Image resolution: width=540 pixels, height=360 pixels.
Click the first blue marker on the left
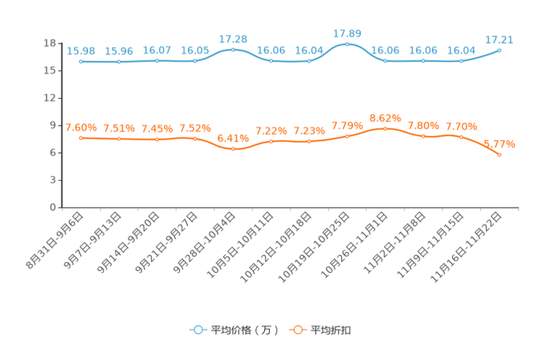pyautogui.click(x=81, y=62)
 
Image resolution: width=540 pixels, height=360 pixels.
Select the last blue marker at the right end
pyautogui.click(x=499, y=50)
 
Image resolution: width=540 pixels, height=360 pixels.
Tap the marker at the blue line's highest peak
pyautogui.click(x=347, y=44)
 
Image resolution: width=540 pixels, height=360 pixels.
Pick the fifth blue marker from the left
pyautogui.click(x=233, y=49)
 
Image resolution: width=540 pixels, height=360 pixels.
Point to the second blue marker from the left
pyautogui.click(x=118, y=62)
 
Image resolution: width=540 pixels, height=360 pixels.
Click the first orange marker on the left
pyautogui.click(x=81, y=138)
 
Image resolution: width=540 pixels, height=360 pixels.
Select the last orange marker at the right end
pyautogui.click(x=499, y=155)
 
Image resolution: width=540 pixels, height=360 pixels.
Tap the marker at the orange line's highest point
pyautogui.click(x=385, y=128)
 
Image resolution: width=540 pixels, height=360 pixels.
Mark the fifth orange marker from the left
pyautogui.click(x=233, y=149)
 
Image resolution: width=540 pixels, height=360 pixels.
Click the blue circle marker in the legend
pyautogui.click(x=197, y=330)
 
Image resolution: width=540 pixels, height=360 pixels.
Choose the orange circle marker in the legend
pyautogui.click(x=297, y=330)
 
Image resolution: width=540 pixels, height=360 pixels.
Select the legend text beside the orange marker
pyautogui.click(x=331, y=330)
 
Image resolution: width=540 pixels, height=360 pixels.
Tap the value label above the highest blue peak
pyautogui.click(x=347, y=33)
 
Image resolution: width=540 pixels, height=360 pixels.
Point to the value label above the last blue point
pyautogui.click(x=500, y=39)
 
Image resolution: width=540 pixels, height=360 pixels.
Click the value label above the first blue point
pyautogui.click(x=81, y=51)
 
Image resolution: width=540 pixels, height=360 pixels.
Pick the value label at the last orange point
pyautogui.click(x=503, y=144)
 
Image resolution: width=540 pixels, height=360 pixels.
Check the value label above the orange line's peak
pyautogui.click(x=385, y=118)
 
